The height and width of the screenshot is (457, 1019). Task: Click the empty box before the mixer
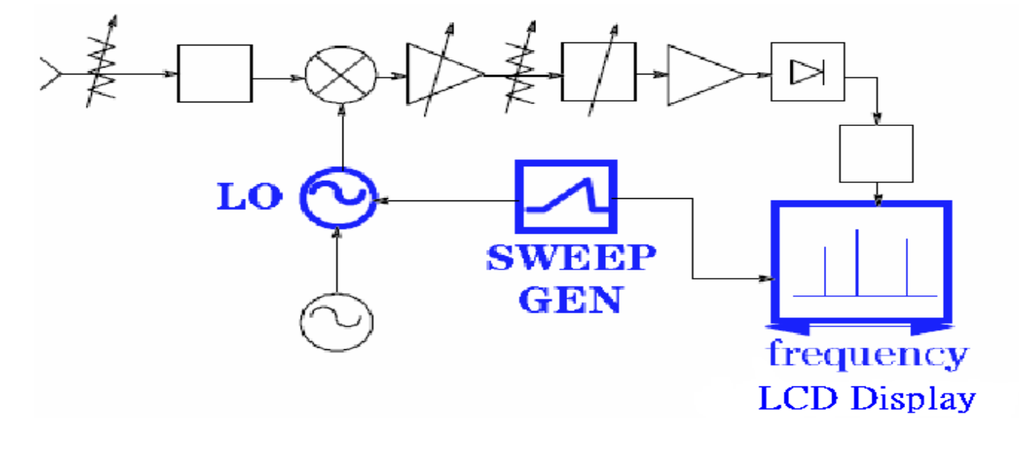(x=214, y=73)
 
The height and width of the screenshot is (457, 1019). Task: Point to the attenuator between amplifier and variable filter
(x=522, y=74)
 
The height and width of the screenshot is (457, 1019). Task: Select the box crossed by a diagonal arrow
(x=598, y=72)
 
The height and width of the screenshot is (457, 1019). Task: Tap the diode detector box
(x=807, y=72)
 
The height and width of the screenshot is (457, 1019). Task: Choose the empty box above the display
(x=876, y=154)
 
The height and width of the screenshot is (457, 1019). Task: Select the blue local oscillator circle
(x=337, y=197)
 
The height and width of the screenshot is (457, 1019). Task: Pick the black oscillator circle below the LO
(x=337, y=322)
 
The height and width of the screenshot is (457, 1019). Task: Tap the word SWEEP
(x=569, y=258)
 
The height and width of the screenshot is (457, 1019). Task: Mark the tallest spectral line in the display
(x=857, y=262)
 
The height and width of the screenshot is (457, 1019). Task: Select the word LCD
(x=795, y=397)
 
